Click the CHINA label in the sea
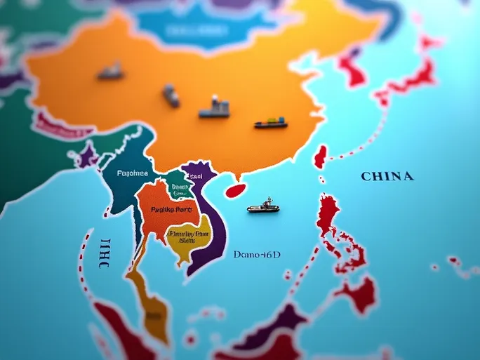tap(387, 176)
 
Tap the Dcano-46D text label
tap(256, 255)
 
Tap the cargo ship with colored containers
tap(271, 124)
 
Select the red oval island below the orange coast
tap(234, 189)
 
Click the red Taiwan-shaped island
tap(320, 156)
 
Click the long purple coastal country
tap(211, 225)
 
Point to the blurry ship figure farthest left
tap(110, 71)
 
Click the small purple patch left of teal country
tap(88, 156)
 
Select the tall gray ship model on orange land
tap(215, 107)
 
